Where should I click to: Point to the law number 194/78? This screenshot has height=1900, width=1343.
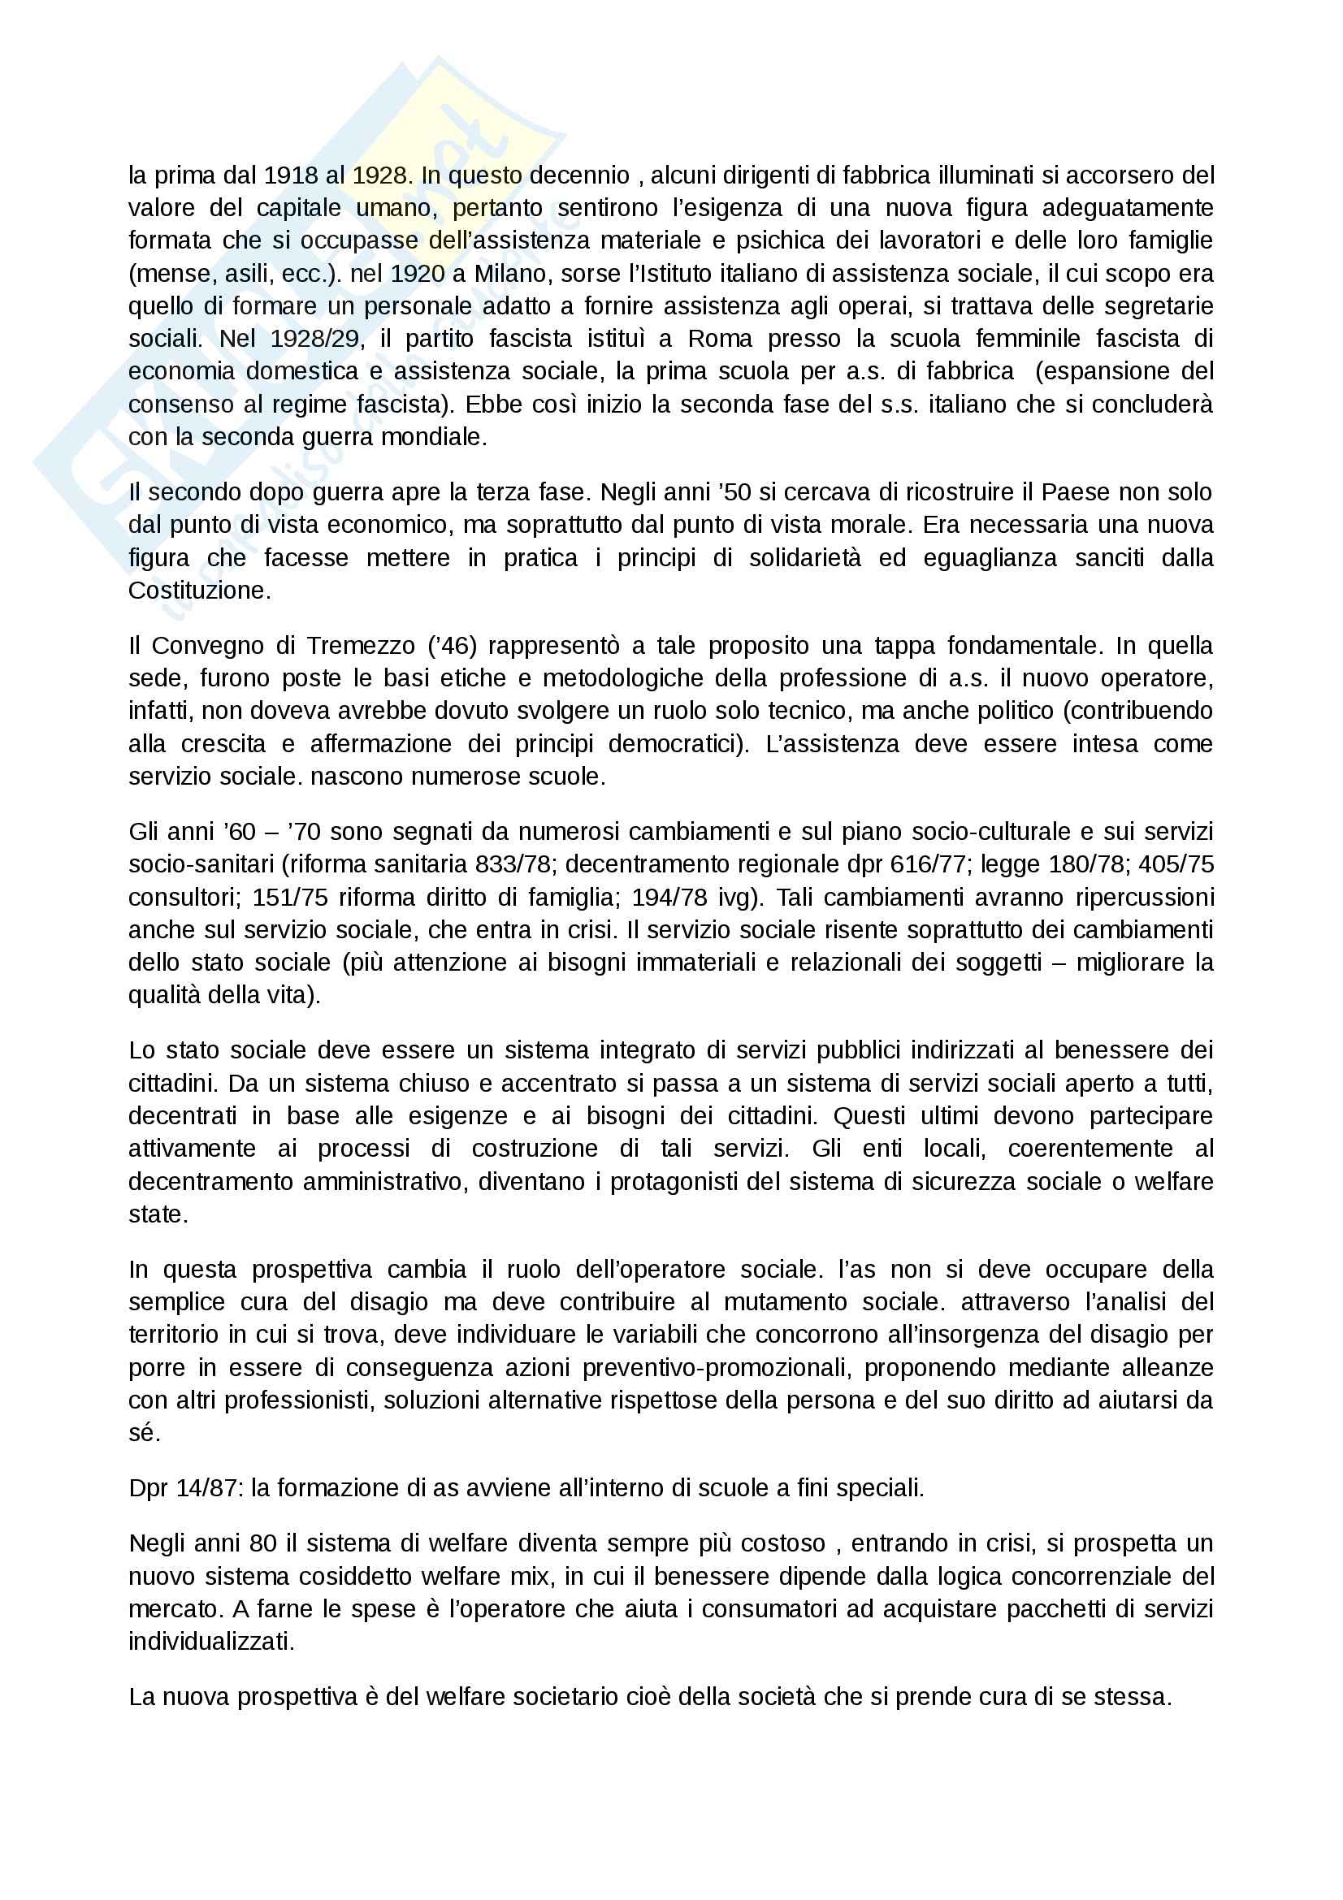coord(669,898)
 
